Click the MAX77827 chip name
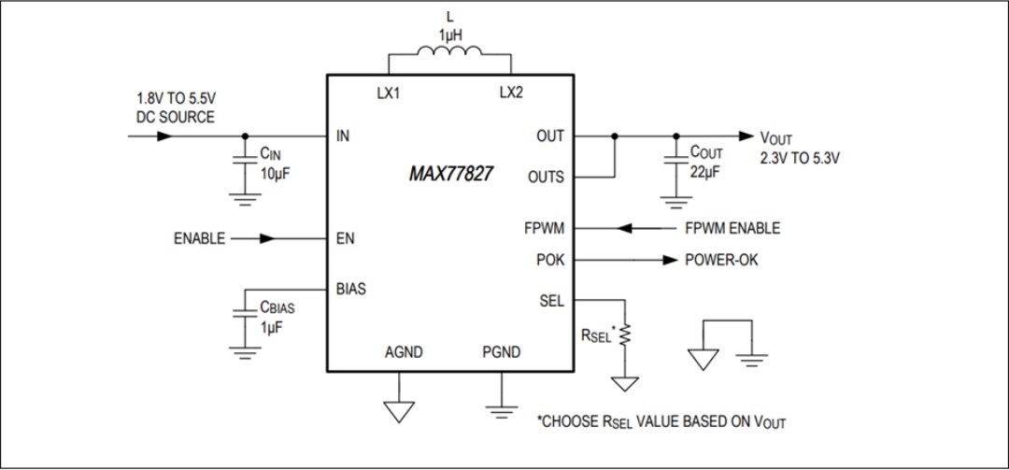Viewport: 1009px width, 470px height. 452,175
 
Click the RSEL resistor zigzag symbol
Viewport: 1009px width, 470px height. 625,334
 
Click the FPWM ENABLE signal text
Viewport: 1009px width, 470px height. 733,228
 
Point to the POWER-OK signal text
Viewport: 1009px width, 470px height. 721,260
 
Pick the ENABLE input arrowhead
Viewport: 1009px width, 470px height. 267,238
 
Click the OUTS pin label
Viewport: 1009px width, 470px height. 546,177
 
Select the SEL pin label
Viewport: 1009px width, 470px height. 551,301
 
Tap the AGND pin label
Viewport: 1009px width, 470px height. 404,352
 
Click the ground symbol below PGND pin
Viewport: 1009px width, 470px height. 502,408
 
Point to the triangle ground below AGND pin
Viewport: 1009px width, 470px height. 399,410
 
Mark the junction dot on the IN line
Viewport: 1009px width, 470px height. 245,135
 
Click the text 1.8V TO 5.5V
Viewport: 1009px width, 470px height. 178,98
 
